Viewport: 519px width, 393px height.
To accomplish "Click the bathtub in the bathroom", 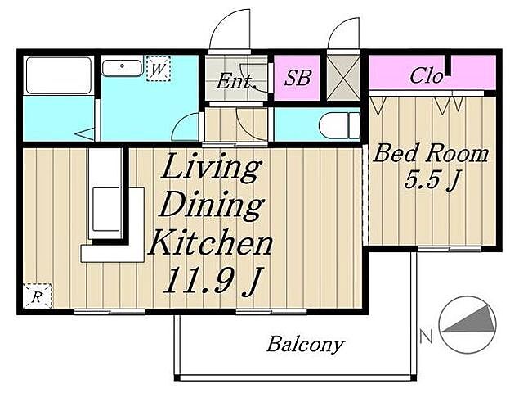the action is (59, 75).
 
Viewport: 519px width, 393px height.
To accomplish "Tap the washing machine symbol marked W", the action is (159, 69).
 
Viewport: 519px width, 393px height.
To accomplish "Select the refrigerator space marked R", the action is (38, 296).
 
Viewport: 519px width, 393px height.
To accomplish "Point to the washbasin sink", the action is (122, 68).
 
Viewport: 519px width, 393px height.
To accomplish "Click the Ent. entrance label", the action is (236, 80).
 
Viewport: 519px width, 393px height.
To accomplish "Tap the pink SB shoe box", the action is (298, 78).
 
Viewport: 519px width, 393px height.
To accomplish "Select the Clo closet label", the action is (426, 75).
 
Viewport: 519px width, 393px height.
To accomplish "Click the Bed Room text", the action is (431, 154).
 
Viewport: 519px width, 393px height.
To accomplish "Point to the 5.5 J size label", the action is (432, 181).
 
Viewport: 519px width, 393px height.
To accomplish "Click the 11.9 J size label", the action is (211, 281).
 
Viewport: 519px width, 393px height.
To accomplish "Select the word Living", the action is (210, 169).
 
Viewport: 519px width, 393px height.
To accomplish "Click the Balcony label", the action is (305, 345).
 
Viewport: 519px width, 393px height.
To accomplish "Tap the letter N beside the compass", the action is (427, 336).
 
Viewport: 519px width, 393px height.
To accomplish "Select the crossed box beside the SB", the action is (343, 78).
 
